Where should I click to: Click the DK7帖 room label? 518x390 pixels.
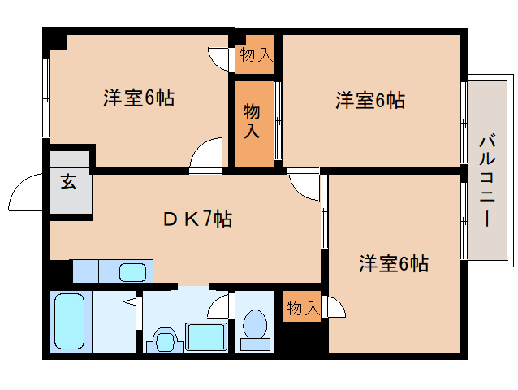click(x=197, y=219)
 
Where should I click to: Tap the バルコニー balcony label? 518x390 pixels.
click(x=487, y=180)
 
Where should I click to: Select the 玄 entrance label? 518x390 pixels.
click(x=68, y=181)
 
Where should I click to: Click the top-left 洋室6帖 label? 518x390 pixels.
click(x=139, y=97)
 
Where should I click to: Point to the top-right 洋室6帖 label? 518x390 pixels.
click(x=370, y=100)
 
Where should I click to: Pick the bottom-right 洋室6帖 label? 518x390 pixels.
click(x=394, y=263)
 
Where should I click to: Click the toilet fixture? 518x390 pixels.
click(x=255, y=330)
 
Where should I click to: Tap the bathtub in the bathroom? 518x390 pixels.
click(x=69, y=322)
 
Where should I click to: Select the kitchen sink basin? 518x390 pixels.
click(x=132, y=272)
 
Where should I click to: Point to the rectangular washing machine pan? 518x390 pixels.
click(x=206, y=336)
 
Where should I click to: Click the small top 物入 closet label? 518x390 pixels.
click(x=257, y=54)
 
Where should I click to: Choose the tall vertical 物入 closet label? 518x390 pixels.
click(x=252, y=120)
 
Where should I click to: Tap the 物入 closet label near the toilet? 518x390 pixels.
click(x=304, y=307)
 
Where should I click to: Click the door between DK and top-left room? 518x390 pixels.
click(x=205, y=155)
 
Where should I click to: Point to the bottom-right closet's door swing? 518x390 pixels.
click(x=335, y=306)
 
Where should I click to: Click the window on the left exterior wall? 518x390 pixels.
click(x=46, y=98)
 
